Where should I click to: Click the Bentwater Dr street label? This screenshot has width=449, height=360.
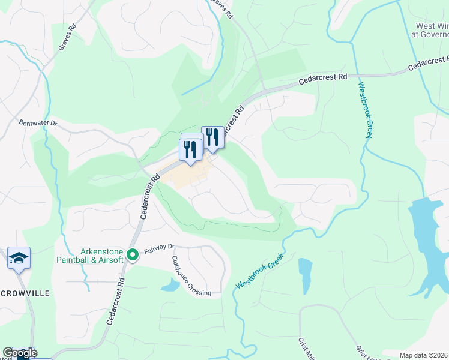coord(37,123)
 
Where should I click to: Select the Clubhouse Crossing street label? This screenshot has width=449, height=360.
coord(191,276)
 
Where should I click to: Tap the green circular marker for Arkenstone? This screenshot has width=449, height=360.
coord(133,256)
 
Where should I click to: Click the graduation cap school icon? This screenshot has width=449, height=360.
coord(19,259)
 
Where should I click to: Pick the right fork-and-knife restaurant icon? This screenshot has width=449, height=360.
coord(212,137)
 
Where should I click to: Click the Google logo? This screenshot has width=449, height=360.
coord(20,353)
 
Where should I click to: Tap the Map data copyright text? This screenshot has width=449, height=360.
coord(423,355)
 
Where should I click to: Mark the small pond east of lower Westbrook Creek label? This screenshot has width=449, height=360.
coord(305,273)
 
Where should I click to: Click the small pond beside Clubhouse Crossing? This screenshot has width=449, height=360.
coord(170,284)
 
